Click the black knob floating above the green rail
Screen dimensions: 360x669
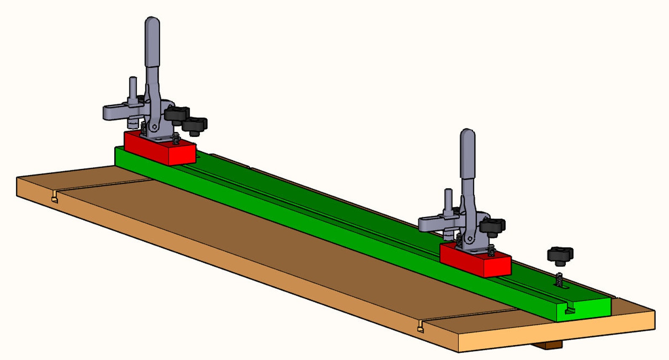(x=560, y=255)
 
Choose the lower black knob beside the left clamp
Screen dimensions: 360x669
(x=194, y=125)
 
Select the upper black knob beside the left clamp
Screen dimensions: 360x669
(x=177, y=113)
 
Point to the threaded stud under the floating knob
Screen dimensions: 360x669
(x=559, y=279)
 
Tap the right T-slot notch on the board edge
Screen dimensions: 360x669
(x=420, y=326)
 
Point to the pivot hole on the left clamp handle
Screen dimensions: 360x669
(x=155, y=126)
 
